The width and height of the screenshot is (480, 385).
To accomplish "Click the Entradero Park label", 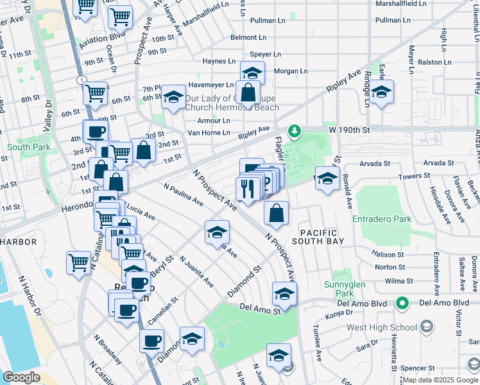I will click(384, 219).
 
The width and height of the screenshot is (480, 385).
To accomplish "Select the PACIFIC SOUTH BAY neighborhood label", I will click(318, 235).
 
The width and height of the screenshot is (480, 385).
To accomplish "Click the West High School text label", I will click(381, 327).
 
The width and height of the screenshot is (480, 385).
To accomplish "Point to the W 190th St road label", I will click(350, 130).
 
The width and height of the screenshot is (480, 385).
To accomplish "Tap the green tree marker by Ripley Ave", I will click(295, 132).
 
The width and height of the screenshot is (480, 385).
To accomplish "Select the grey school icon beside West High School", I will click(425, 327).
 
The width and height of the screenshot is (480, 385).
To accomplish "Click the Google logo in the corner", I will click(21, 377).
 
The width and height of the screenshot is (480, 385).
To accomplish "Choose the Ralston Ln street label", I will click(435, 62).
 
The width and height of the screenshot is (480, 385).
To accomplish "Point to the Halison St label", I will click(389, 253).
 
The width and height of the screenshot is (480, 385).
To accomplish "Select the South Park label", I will click(23, 147).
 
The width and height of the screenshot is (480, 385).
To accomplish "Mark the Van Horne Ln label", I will click(209, 133).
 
